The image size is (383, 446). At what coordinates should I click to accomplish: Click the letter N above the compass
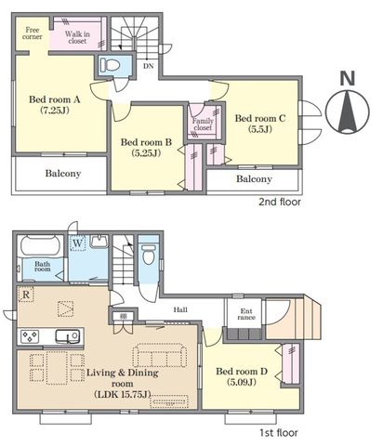348,78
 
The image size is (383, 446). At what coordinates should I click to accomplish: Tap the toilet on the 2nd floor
110,65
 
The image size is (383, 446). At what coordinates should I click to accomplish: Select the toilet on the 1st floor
149,254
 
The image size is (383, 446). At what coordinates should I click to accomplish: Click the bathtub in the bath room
40,246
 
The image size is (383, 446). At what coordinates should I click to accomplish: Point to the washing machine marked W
77,243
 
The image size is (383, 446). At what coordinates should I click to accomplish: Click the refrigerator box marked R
26,295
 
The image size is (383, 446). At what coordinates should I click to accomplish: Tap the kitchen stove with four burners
30,336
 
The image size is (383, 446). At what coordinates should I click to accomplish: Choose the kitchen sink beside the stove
67,336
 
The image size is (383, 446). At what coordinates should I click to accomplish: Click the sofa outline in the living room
160,355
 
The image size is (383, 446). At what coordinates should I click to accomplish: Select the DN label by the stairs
148,66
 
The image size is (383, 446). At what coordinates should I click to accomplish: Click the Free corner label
33,33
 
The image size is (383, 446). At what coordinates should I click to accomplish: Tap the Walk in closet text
77,37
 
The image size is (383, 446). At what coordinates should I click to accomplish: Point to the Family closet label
203,125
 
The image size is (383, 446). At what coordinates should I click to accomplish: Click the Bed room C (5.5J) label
260,124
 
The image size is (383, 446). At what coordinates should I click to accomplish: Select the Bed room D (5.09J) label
242,376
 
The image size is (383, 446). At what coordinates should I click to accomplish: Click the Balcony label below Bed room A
63,173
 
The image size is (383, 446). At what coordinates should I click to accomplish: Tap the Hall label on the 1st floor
180,309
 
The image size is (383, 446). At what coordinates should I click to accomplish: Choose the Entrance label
246,314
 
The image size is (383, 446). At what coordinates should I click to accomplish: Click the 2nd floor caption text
280,202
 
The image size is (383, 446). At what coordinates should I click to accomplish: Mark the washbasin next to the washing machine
99,242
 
